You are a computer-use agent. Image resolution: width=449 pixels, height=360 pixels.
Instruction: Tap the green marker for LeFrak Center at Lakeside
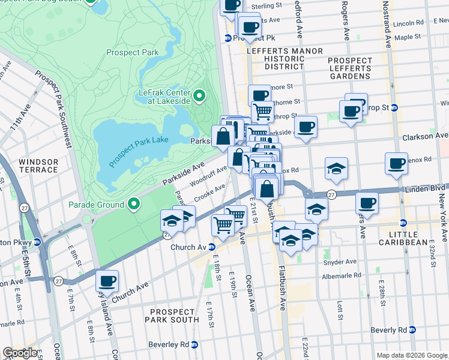click(x=199, y=95)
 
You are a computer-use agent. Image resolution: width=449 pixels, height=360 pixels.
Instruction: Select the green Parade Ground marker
click(x=133, y=204)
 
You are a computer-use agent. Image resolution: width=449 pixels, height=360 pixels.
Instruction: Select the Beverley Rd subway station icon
click(x=202, y=344)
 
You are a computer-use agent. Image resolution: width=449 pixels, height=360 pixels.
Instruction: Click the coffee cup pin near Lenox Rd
click(x=396, y=163)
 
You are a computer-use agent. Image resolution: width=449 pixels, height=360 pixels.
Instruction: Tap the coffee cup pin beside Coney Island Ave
click(x=107, y=280)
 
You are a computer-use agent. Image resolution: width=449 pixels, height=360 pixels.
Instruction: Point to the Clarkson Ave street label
click(x=426, y=136)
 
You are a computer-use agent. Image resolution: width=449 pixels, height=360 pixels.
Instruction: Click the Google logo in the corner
click(x=20, y=353)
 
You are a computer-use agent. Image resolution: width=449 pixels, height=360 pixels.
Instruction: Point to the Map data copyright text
click(x=411, y=355)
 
